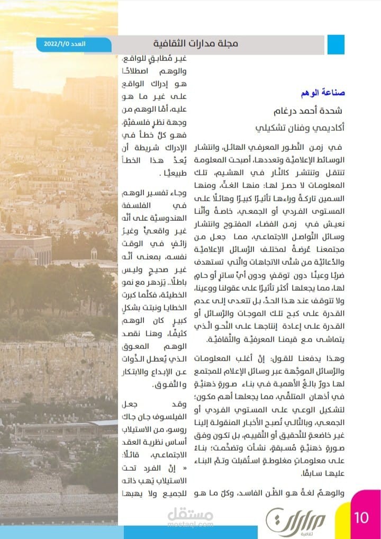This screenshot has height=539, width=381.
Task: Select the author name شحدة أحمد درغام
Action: coord(307,111)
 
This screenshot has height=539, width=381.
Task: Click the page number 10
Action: coord(361,517)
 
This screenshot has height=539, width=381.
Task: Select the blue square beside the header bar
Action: coord(335,44)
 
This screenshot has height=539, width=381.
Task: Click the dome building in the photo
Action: coord(25,253)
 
